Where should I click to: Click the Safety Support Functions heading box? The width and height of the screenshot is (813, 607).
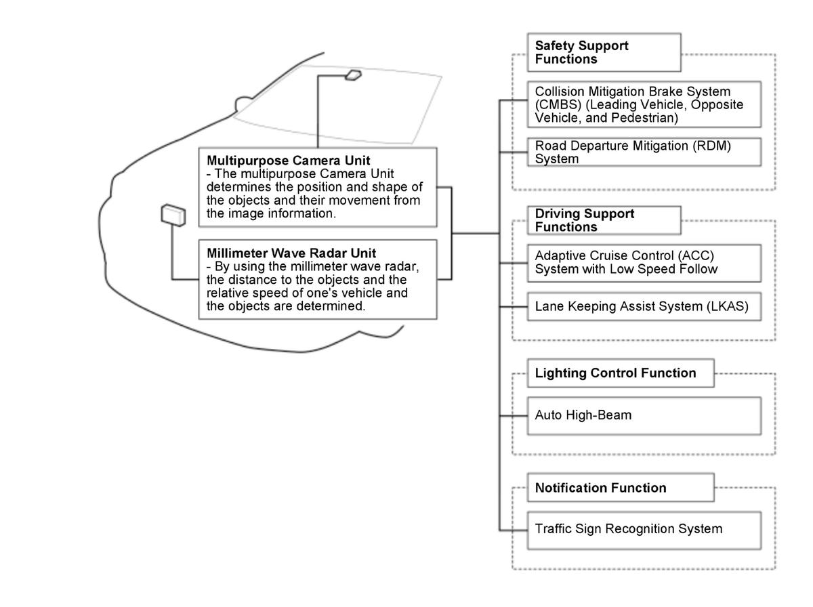click(604, 52)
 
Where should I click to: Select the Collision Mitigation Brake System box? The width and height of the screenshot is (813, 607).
click(644, 104)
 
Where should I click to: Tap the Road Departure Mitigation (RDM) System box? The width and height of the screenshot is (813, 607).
click(644, 152)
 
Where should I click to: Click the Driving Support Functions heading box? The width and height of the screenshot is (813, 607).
click(604, 220)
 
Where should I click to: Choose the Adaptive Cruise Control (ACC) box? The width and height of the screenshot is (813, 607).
click(644, 263)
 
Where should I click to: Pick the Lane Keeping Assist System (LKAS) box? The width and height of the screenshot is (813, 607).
click(644, 306)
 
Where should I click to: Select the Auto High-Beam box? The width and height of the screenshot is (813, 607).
click(644, 415)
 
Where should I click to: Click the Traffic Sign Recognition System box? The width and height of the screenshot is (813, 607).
click(644, 529)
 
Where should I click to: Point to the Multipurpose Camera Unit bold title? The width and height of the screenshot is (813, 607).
click(289, 161)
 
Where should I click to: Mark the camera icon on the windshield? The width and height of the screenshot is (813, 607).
click(352, 75)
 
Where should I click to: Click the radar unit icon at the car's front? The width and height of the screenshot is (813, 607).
click(173, 214)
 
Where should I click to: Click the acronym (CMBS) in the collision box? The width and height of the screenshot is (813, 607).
click(555, 104)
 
